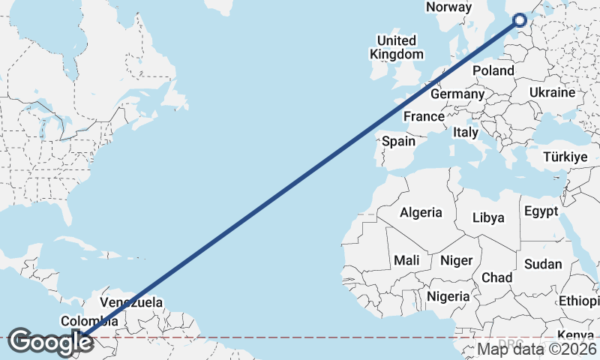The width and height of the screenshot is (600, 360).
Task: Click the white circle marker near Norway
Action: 520,20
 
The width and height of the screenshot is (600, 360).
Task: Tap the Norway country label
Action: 448,7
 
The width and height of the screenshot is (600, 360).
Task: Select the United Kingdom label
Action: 396,47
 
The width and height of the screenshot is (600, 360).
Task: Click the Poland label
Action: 493,71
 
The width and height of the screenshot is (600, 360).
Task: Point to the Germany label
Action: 457,94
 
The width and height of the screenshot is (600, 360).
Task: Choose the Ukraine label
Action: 551,92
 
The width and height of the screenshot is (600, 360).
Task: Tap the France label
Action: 424,117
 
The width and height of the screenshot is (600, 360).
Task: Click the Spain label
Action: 398,141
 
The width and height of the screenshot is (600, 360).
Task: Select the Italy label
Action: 466,132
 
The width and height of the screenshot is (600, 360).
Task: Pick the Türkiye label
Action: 565,157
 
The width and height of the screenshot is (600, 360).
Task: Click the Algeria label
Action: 421,213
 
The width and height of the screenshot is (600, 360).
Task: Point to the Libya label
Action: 488,218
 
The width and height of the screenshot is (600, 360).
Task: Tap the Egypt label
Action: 541,211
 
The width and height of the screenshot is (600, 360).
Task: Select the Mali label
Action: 406,260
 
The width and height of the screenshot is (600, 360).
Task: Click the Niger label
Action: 456,260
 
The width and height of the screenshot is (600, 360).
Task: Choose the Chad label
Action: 496,277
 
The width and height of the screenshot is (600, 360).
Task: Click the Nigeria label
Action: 448,296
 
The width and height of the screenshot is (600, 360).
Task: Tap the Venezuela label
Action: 131,303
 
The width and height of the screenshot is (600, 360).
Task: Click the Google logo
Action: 50,343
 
